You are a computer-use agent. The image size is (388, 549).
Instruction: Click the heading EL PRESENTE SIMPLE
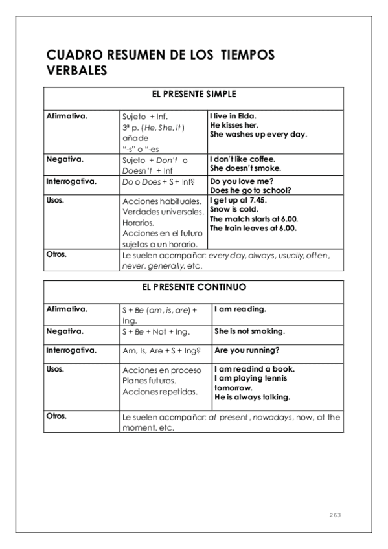pos(192,94)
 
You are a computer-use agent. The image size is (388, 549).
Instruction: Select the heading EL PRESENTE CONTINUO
pos(192,286)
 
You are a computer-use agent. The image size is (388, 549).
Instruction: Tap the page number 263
pos(334,515)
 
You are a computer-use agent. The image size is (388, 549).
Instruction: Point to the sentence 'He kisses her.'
pos(234,126)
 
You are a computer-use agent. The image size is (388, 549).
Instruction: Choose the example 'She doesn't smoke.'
pos(245,168)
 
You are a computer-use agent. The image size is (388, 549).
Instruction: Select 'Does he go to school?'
pos(250,191)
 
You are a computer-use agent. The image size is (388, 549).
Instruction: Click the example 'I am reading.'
pos(240,309)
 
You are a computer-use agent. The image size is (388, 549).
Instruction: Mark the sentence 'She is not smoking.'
pos(249,331)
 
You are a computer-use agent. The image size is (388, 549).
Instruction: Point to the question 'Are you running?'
pos(246,351)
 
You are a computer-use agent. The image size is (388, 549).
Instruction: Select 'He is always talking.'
pos(252,397)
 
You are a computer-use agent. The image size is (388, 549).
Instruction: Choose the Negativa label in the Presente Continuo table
pos(66,331)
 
